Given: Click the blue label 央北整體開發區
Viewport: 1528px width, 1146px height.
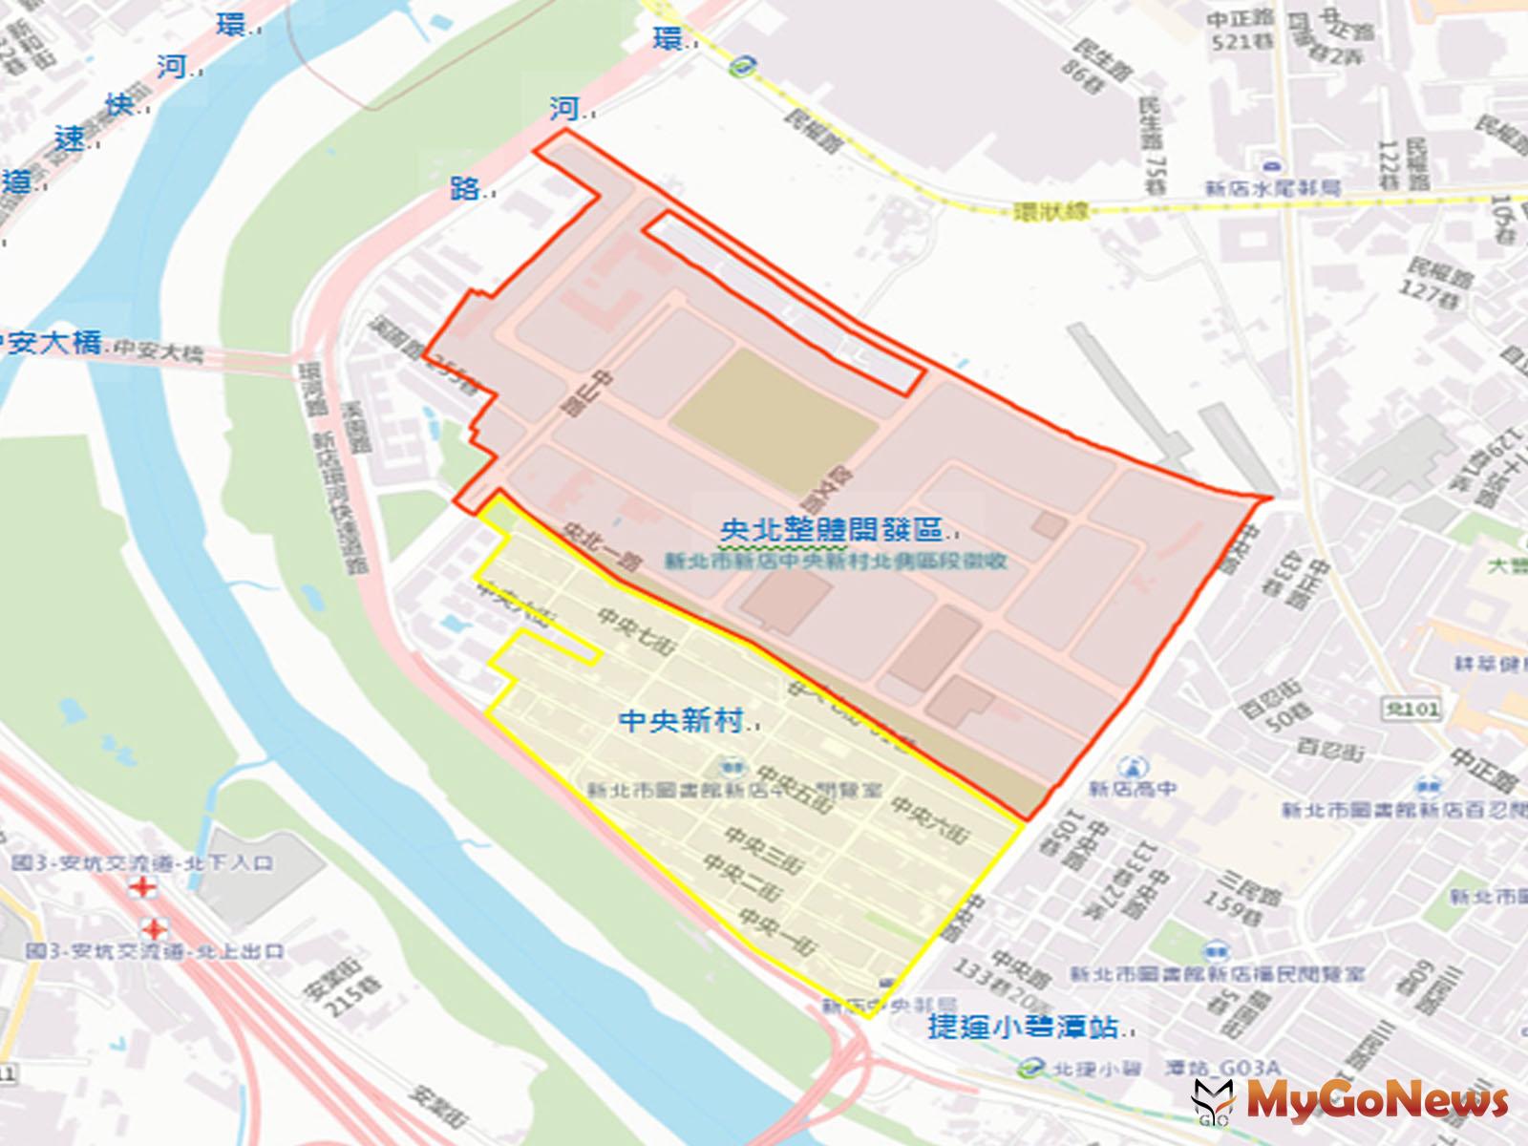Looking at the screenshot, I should (831, 531).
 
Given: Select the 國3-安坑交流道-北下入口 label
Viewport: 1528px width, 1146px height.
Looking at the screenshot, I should (143, 862).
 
